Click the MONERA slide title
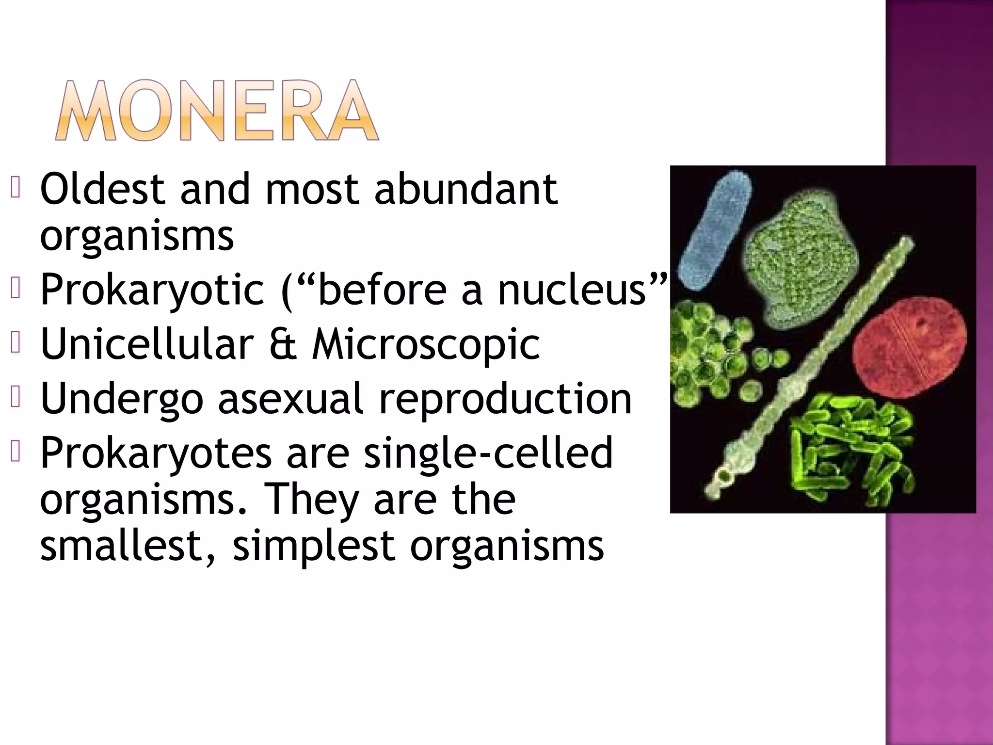(x=216, y=111)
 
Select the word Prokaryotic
(x=152, y=290)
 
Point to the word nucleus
(x=572, y=290)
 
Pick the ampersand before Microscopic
(x=283, y=344)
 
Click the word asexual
(x=290, y=399)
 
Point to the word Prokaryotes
(x=156, y=453)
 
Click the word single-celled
(x=488, y=453)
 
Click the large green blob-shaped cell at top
(x=798, y=262)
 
